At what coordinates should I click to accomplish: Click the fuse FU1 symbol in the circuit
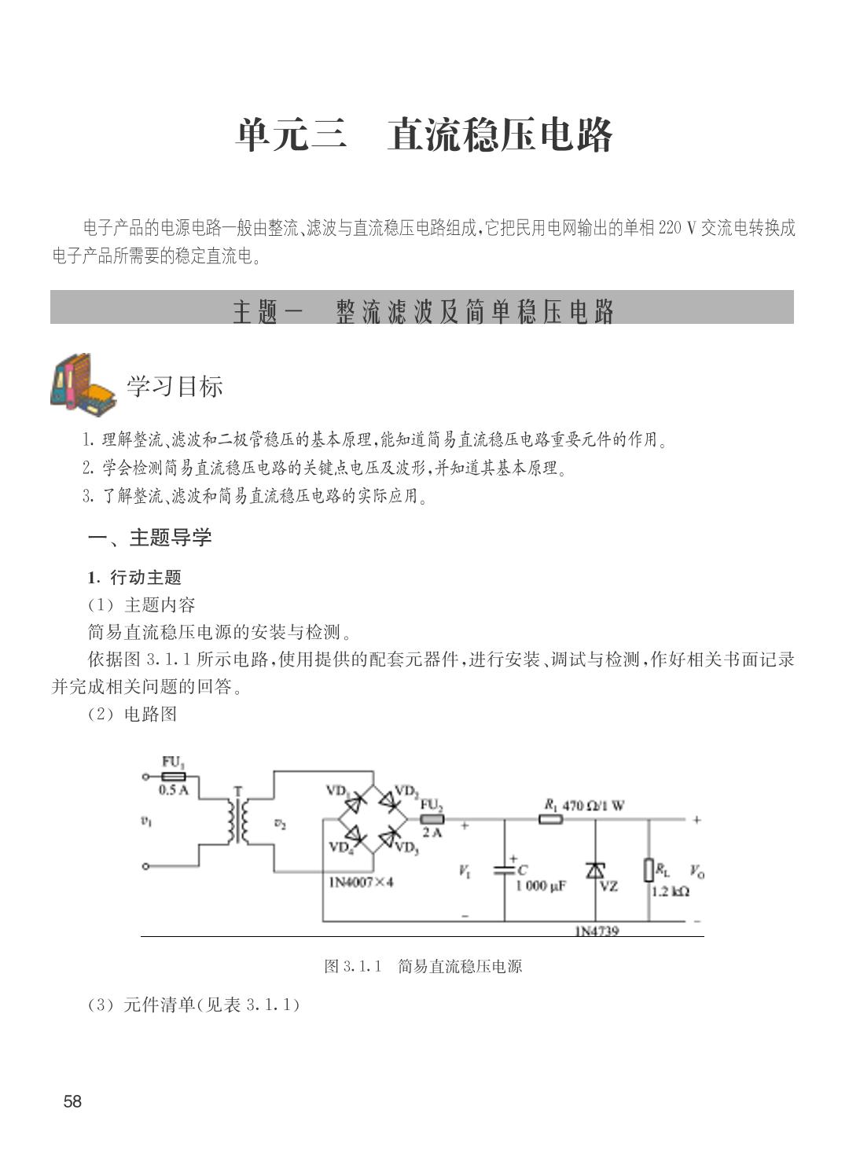(x=174, y=777)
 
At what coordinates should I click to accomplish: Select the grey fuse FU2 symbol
(x=432, y=819)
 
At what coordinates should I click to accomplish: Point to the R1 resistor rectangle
(x=550, y=819)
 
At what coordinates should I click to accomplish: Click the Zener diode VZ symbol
(x=595, y=870)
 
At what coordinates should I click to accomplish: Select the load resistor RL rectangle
(x=649, y=870)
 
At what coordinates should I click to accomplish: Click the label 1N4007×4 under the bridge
(x=361, y=882)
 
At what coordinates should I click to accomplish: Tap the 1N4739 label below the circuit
(x=597, y=931)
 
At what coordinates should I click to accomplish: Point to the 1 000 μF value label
(x=541, y=886)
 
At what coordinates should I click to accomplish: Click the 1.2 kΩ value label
(x=671, y=891)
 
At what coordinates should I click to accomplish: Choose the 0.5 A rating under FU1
(x=174, y=790)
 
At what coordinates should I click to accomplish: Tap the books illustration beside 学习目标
(x=83, y=384)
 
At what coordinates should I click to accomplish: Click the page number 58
(x=72, y=1101)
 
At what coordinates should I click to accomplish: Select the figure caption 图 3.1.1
(x=353, y=966)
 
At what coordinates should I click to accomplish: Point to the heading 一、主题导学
(x=150, y=538)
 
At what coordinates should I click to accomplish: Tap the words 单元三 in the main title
(x=291, y=134)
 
